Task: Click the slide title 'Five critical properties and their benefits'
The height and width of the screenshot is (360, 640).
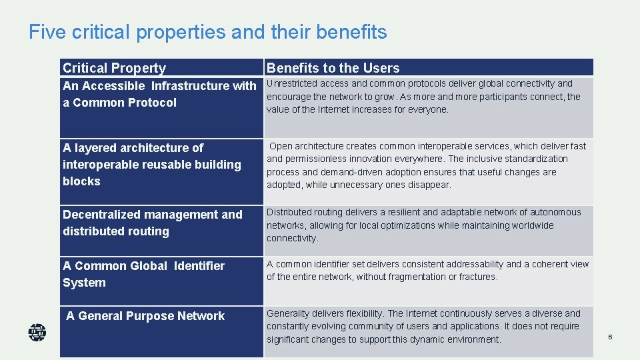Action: coord(207,32)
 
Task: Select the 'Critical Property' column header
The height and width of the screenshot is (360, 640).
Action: coord(114,68)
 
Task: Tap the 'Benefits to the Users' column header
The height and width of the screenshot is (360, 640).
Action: coord(333,68)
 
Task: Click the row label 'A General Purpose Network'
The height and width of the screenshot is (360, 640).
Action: coord(145,316)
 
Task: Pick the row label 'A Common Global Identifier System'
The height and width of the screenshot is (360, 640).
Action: coord(143,274)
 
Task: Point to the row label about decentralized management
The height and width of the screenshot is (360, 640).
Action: coord(152,223)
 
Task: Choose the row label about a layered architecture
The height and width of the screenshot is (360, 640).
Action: coord(151,164)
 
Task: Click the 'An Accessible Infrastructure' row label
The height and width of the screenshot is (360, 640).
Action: coord(159,94)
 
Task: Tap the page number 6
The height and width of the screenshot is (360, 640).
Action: coord(609,337)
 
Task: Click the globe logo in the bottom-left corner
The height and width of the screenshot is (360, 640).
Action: coord(37,332)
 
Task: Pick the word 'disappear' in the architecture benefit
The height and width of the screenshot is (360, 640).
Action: coord(431,185)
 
